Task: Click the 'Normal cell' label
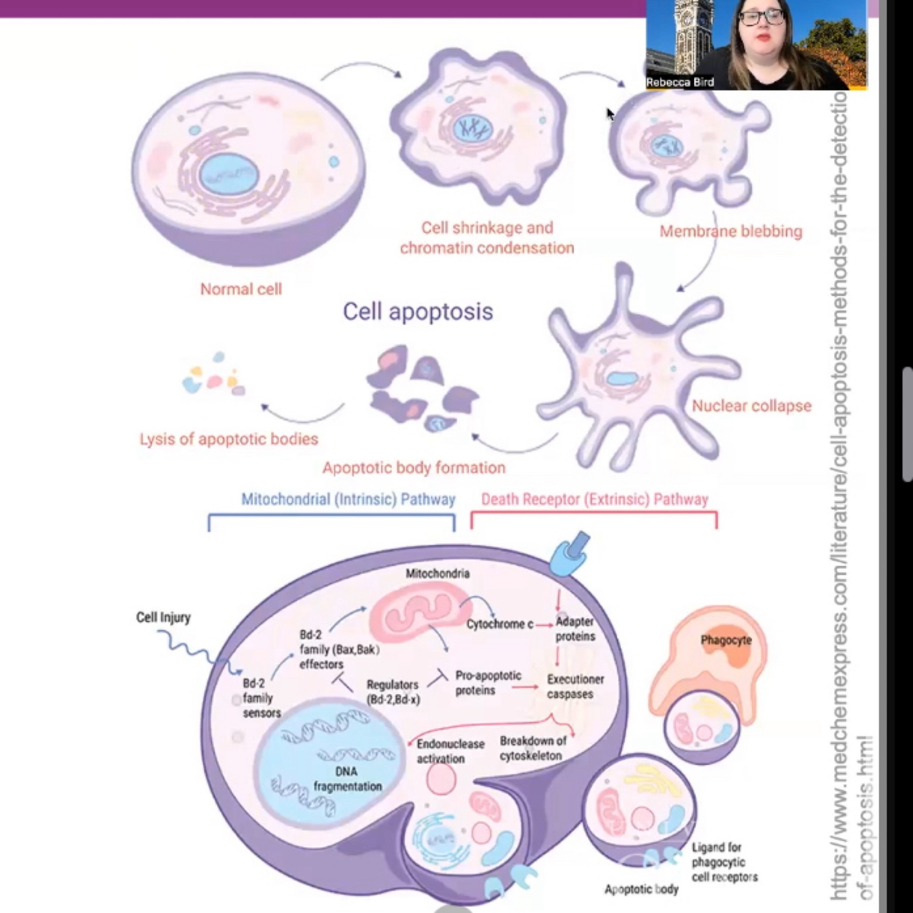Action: click(x=241, y=289)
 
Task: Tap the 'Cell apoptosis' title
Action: click(x=417, y=311)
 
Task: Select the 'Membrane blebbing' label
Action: click(x=730, y=231)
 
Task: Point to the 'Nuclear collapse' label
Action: click(x=751, y=406)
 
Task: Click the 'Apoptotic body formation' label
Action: click(x=414, y=468)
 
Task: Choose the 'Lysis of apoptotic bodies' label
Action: click(x=229, y=439)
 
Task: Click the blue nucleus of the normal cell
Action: click(x=228, y=176)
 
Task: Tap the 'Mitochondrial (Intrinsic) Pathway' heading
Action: click(x=348, y=499)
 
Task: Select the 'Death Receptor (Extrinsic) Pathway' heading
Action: click(x=594, y=499)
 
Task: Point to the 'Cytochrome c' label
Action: click(x=500, y=624)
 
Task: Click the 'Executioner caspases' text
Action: click(x=575, y=686)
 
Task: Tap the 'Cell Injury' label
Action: click(x=163, y=617)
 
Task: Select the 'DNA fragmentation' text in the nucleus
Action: click(x=348, y=779)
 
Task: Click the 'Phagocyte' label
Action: click(x=725, y=641)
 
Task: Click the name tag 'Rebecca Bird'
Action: click(x=680, y=82)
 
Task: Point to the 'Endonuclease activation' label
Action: click(x=450, y=751)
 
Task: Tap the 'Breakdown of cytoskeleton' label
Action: click(x=532, y=748)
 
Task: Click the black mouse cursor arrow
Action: click(x=610, y=114)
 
